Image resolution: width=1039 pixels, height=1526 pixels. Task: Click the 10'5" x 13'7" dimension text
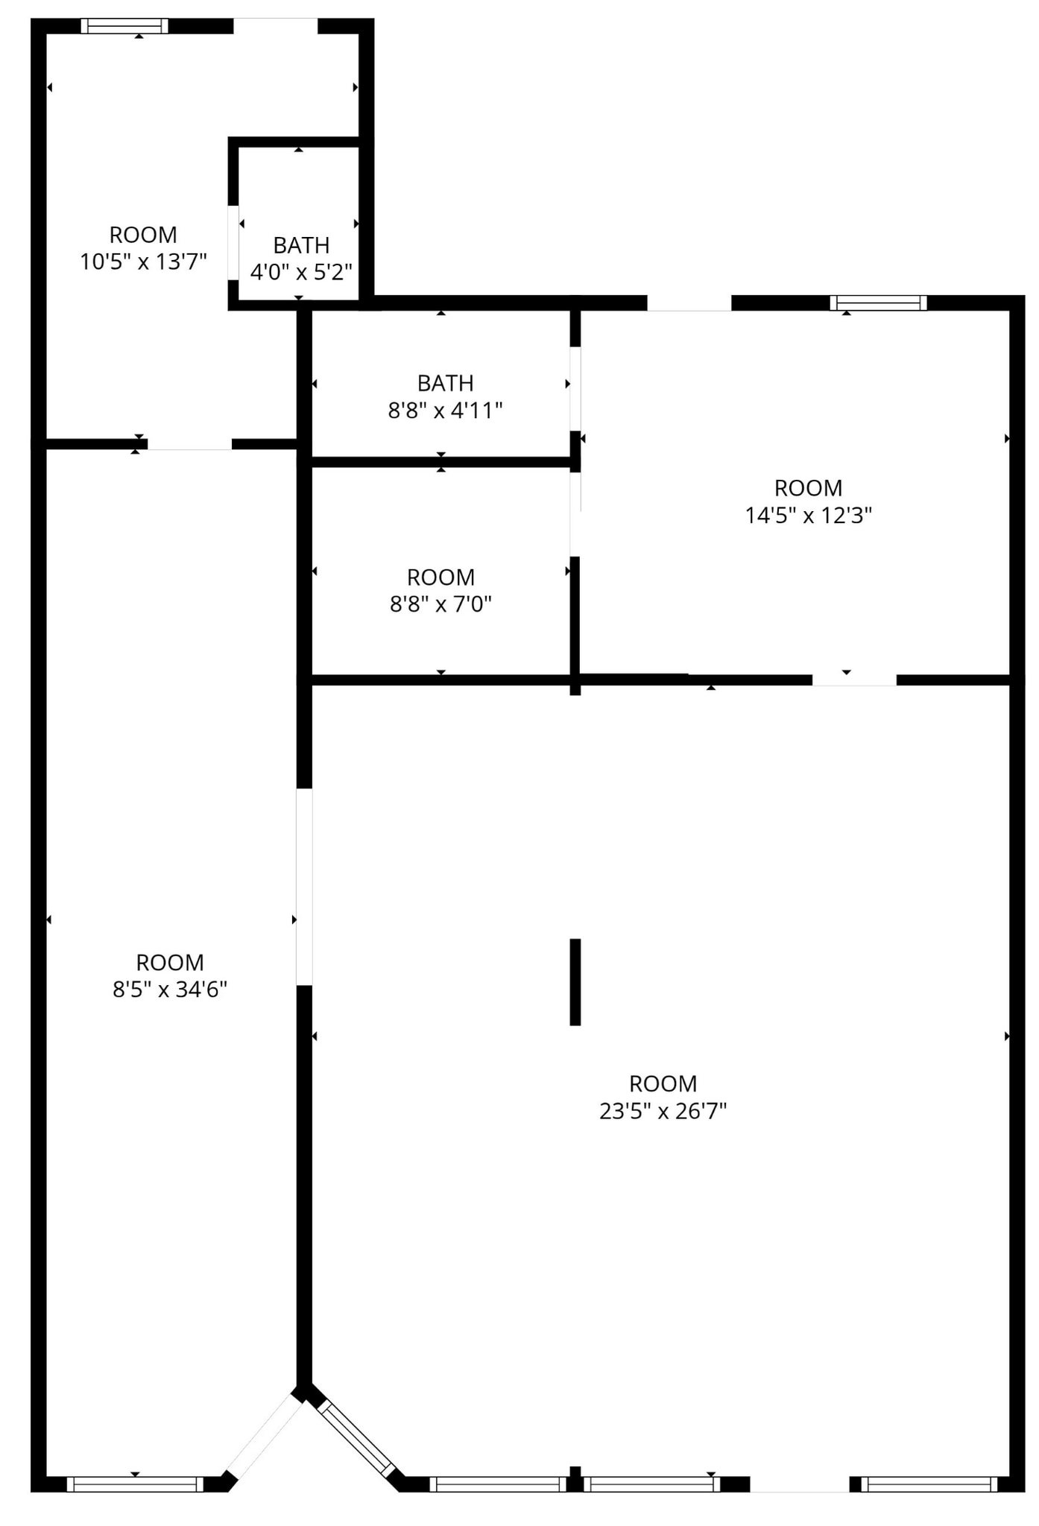click(x=143, y=262)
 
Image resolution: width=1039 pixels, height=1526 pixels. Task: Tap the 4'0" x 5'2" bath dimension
click(x=301, y=272)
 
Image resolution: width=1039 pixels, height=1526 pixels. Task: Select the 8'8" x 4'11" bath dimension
click(x=445, y=411)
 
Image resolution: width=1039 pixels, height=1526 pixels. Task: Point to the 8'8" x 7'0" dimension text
click(x=440, y=604)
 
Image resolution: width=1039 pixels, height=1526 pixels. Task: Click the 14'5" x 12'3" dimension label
click(x=808, y=515)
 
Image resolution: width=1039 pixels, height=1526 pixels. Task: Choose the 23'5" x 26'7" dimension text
click(x=663, y=1111)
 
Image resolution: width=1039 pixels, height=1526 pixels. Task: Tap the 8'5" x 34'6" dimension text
click(x=170, y=990)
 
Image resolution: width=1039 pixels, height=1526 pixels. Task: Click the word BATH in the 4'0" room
click(x=301, y=245)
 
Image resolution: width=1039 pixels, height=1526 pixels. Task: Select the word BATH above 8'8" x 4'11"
click(x=445, y=383)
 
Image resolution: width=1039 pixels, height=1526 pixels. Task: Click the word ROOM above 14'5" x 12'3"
click(x=808, y=488)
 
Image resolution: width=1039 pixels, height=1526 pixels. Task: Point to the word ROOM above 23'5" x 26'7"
click(x=663, y=1083)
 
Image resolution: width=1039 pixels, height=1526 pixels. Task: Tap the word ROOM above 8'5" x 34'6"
click(x=170, y=963)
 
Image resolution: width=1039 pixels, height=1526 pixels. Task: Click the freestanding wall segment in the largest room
click(x=575, y=981)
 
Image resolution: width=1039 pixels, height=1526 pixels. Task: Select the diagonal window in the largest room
click(x=357, y=1440)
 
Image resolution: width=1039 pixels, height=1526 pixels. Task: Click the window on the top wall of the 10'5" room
click(x=124, y=26)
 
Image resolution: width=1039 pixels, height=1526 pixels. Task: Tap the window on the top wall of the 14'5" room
click(x=878, y=303)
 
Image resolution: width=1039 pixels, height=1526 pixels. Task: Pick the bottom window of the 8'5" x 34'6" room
click(x=135, y=1484)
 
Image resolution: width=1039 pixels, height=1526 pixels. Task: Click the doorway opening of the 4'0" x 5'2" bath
click(x=233, y=242)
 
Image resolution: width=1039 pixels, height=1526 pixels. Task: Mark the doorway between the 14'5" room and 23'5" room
click(x=853, y=680)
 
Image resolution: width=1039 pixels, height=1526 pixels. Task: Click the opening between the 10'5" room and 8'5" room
click(x=189, y=444)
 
